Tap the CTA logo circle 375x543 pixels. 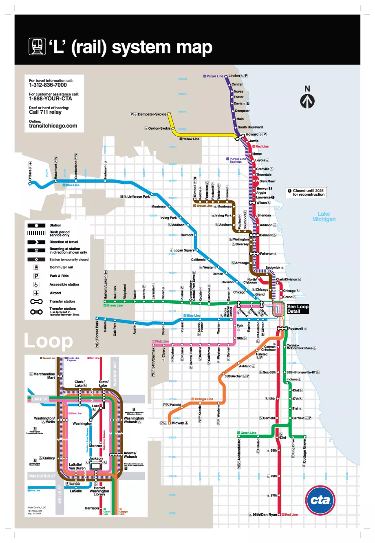pyautogui.click(x=320, y=500)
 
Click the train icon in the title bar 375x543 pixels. pyautogui.click(x=37, y=46)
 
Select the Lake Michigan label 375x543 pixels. pyautogui.click(x=324, y=216)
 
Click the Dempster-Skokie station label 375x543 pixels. pyautogui.click(x=152, y=115)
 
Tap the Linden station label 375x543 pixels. pyautogui.click(x=234, y=76)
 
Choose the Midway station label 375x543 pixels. pyautogui.click(x=178, y=423)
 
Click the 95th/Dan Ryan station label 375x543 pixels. pyautogui.click(x=265, y=514)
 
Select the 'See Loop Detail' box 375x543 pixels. pyautogui.click(x=298, y=309)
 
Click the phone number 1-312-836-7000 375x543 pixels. pyautogui.click(x=48, y=85)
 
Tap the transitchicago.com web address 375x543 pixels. pyautogui.click(x=53, y=126)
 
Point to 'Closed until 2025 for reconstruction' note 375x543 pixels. pyautogui.click(x=309, y=192)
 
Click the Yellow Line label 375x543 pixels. pyautogui.click(x=191, y=139)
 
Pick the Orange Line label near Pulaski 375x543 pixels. pyautogui.click(x=204, y=399)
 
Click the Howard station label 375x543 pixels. pyautogui.click(x=252, y=134)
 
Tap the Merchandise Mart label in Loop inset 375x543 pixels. pyautogui.click(x=44, y=375)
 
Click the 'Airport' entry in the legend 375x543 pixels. pyautogui.click(x=55, y=293)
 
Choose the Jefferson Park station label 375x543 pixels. pyautogui.click(x=139, y=196)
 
